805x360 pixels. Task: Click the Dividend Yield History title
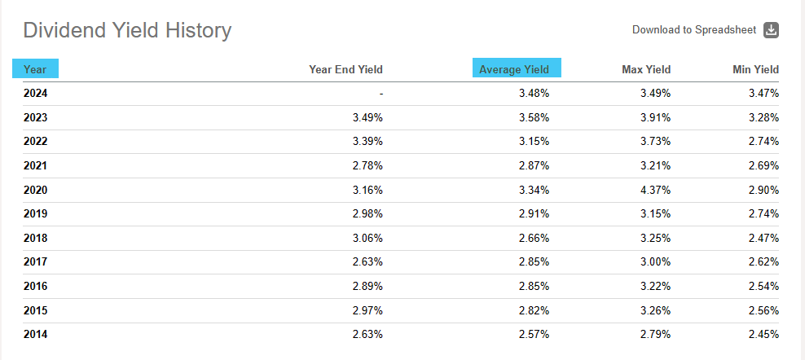[127, 31]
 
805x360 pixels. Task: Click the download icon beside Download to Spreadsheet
[771, 30]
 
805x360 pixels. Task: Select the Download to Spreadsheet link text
[694, 30]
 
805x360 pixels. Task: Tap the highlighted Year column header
[35, 69]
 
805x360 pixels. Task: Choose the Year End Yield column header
[345, 69]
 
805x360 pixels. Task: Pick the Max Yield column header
[646, 69]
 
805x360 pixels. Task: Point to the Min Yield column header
[755, 69]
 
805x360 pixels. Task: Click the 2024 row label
[35, 94]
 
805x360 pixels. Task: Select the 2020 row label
[35, 190]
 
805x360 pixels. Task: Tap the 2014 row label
[35, 334]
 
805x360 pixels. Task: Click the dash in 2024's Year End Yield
[381, 94]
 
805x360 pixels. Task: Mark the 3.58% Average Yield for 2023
[534, 117]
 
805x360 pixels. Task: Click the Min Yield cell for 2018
[763, 238]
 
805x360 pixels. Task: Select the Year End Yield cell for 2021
[367, 165]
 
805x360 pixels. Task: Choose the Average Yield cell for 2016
[534, 286]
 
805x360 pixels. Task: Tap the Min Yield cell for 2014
[763, 334]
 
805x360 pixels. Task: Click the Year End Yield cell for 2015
[367, 310]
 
